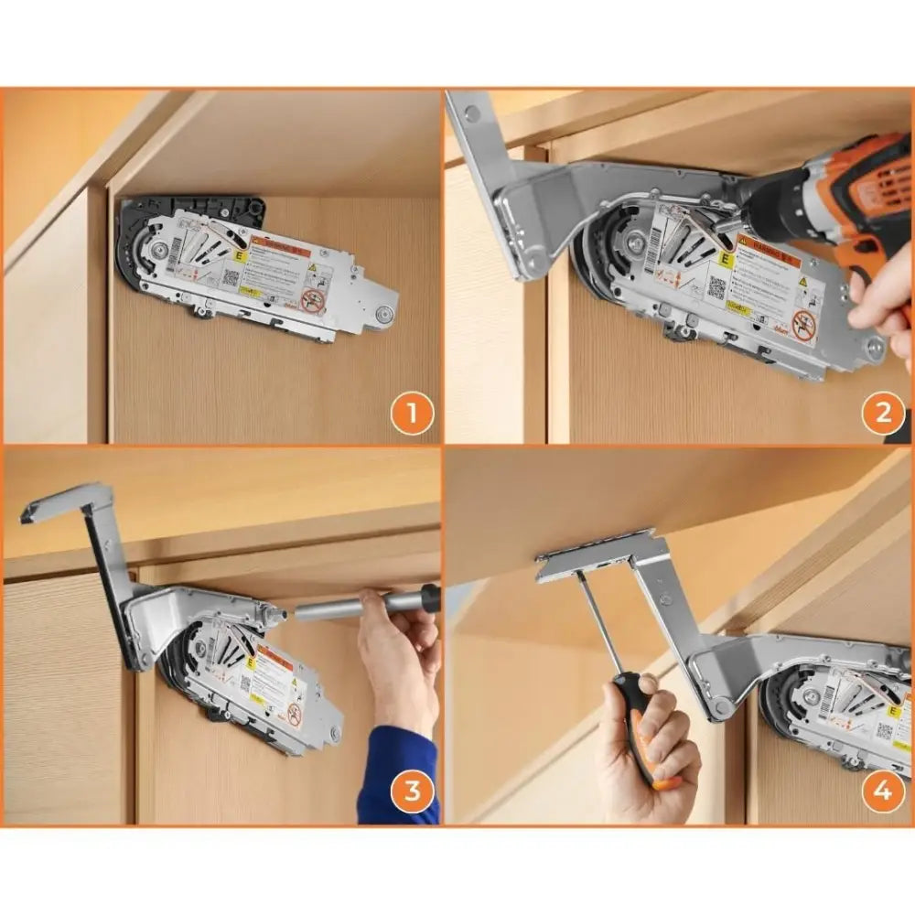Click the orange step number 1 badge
(x=412, y=414)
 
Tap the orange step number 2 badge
(x=882, y=414)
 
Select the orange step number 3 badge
(x=412, y=791)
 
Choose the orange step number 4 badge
(x=882, y=791)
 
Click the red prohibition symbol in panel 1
(x=314, y=300)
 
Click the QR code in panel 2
(x=716, y=286)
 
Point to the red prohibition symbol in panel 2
(x=804, y=325)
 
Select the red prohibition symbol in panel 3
(x=295, y=715)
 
